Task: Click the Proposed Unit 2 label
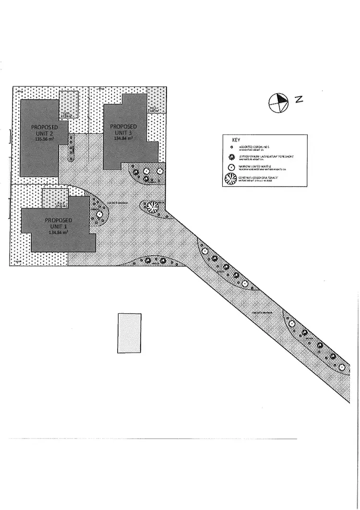click(x=44, y=130)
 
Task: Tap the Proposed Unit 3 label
click(x=123, y=130)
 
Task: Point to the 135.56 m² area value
click(x=44, y=139)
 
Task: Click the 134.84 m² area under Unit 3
click(x=123, y=138)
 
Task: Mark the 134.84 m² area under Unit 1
click(x=58, y=232)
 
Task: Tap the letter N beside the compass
click(x=299, y=99)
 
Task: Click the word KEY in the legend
click(x=236, y=140)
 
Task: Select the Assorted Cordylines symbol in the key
click(x=231, y=147)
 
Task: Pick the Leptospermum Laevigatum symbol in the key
click(x=231, y=157)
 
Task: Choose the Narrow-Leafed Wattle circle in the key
click(x=231, y=167)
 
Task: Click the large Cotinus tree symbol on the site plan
click(x=153, y=207)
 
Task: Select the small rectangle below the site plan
click(x=130, y=333)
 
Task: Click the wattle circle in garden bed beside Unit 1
click(x=99, y=214)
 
